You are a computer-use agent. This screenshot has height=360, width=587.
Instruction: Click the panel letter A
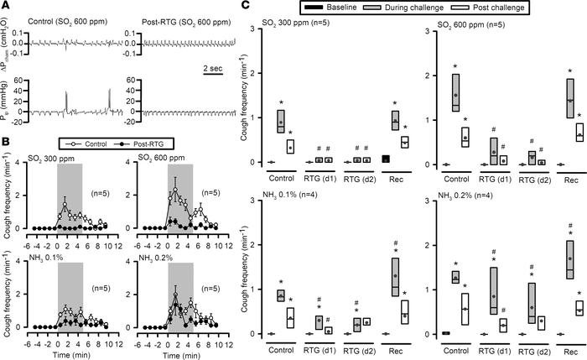coord(7,7)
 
